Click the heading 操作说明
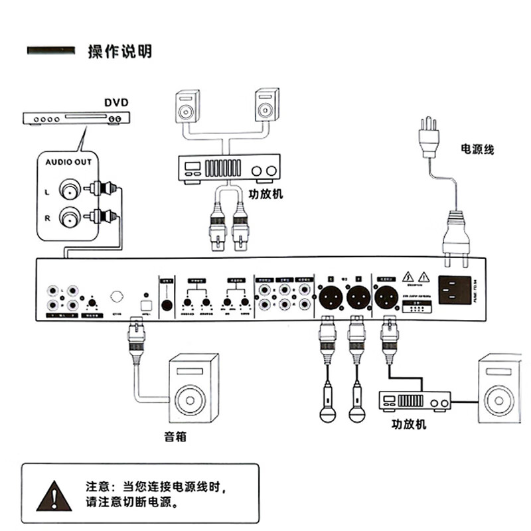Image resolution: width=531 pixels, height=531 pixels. pyautogui.click(x=119, y=52)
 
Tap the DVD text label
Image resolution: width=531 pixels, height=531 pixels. pyautogui.click(x=116, y=103)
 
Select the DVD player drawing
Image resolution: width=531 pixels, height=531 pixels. pyautogui.click(x=76, y=119)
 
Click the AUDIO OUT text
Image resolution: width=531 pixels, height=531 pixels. pyautogui.click(x=68, y=161)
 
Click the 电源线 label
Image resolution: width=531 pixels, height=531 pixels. pyautogui.click(x=478, y=150)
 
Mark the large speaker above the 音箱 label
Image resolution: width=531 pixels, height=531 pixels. pyautogui.click(x=194, y=388)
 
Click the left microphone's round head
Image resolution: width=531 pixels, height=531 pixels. pyautogui.click(x=327, y=415)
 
